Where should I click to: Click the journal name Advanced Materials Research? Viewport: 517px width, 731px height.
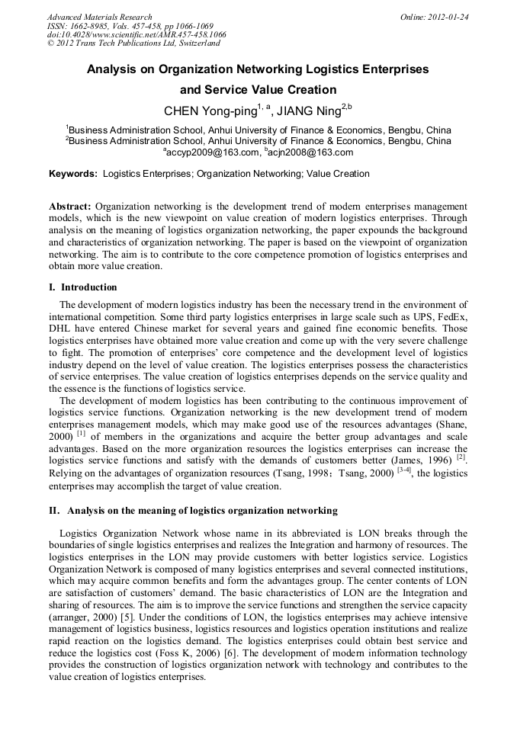[x=99, y=17]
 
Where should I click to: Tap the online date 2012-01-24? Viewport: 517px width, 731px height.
[x=448, y=17]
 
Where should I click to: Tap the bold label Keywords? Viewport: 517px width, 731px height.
[x=73, y=174]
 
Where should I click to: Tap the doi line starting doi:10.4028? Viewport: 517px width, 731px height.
[x=136, y=35]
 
